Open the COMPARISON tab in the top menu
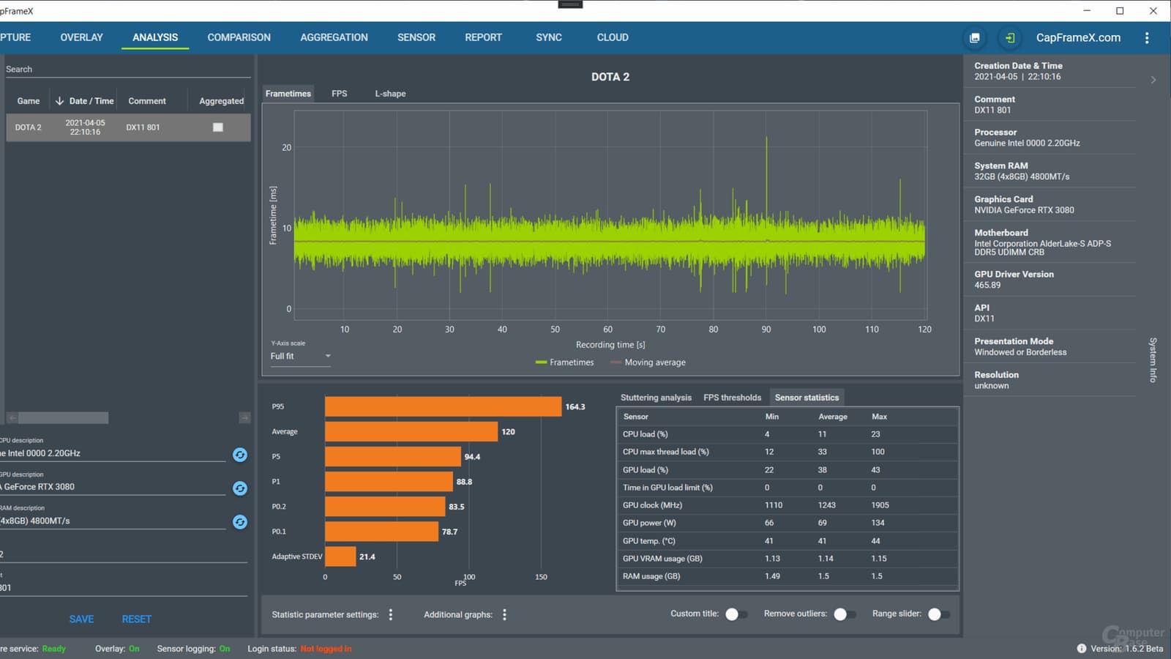coord(239,37)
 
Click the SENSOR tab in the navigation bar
coord(416,37)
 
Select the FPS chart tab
coord(340,94)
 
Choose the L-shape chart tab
coord(390,94)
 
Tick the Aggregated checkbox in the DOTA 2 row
coord(218,127)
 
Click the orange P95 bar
coord(444,406)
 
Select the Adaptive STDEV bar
coord(340,556)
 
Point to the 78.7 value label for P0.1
coord(449,532)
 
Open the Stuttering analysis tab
coord(656,398)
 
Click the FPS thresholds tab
coord(732,398)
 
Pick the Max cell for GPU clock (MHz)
coord(880,505)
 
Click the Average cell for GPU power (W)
coord(823,523)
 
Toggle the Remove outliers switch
coord(845,614)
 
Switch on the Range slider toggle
coord(938,614)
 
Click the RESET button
coord(136,619)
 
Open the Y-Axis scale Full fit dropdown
coord(301,356)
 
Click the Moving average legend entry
coord(648,362)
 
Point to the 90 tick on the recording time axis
coord(766,329)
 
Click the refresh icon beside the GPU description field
coord(240,488)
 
